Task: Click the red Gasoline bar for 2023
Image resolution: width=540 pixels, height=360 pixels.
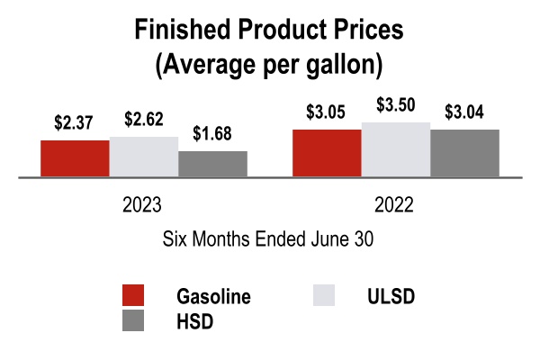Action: click(75, 159)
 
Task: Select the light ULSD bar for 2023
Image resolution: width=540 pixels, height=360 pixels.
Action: click(144, 157)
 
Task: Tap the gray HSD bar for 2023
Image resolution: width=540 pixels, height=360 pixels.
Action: click(212, 165)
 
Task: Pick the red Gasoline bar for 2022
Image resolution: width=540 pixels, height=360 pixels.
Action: click(327, 154)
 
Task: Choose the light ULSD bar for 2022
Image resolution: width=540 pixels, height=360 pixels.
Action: click(396, 150)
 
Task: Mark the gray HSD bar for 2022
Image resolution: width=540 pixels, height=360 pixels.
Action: click(464, 154)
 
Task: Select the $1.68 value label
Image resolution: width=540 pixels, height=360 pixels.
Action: click(212, 135)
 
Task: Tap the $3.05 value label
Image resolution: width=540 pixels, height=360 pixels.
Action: click(327, 113)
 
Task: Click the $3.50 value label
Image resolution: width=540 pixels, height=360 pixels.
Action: click(396, 106)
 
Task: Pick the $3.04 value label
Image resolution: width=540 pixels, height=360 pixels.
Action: click(464, 113)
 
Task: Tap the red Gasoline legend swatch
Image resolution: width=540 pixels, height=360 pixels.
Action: click(133, 297)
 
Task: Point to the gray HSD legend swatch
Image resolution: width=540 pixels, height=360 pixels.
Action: click(133, 321)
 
